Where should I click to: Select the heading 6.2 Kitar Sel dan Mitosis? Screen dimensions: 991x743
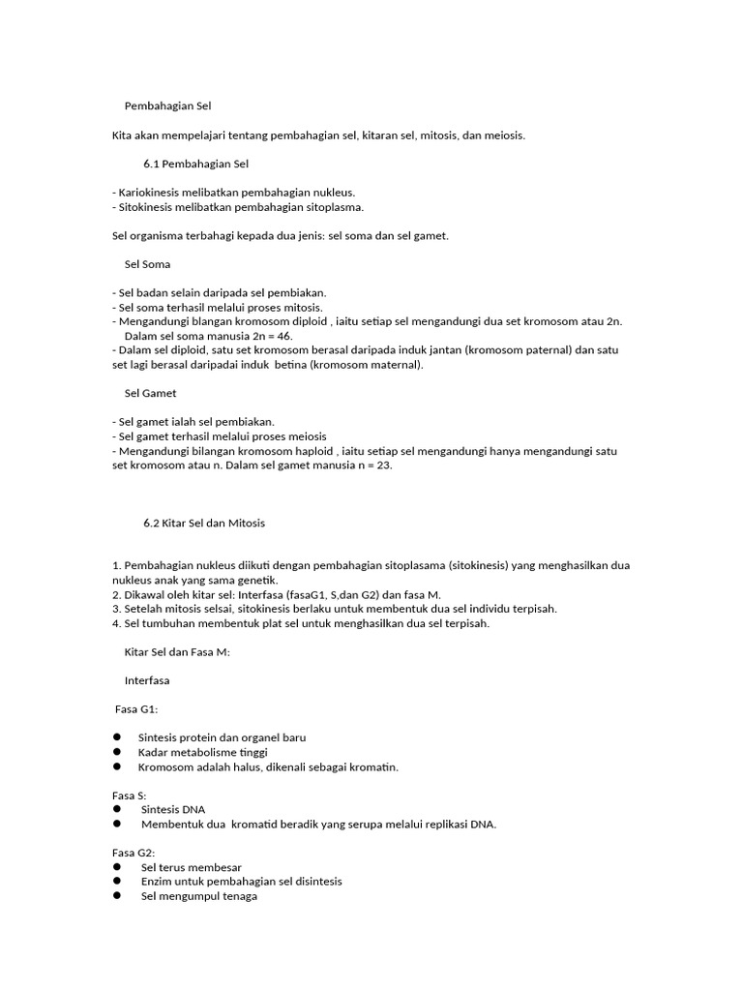[203, 523]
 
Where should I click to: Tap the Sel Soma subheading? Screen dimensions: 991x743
[147, 264]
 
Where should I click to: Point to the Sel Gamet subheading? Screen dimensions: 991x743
[150, 394]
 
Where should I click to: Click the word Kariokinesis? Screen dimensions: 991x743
[150, 193]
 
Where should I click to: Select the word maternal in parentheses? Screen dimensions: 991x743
[391, 365]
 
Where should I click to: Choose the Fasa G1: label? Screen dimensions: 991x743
[136, 709]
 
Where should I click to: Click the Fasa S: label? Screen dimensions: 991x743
[129, 796]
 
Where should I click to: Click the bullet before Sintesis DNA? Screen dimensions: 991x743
[117, 809]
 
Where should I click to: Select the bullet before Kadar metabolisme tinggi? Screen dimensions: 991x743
[117, 752]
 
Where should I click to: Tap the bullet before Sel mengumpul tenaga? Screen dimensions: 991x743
[117, 895]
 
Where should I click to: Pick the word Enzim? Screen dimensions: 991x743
[157, 882]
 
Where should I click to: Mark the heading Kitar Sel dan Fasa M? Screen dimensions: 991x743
[177, 652]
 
